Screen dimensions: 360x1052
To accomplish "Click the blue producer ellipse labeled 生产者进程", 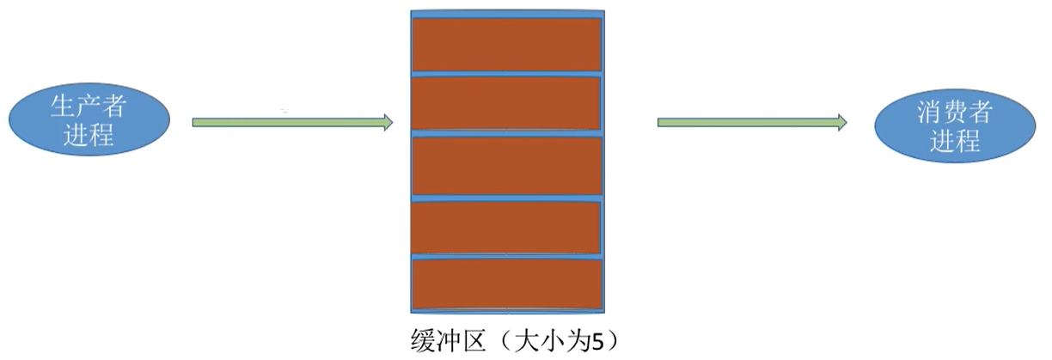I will click(89, 120).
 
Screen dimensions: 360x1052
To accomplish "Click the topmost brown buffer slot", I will click(507, 44).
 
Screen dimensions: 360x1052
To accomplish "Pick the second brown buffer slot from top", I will click(507, 103).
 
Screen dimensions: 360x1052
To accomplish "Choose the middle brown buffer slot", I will click(507, 166).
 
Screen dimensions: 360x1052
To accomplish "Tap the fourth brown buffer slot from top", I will click(507, 227).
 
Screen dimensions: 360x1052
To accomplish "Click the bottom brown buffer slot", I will click(507, 284).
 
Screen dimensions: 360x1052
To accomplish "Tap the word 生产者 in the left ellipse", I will click(89, 107).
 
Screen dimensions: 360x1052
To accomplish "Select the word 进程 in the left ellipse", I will click(89, 135).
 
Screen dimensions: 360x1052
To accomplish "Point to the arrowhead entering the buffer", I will click(386, 123).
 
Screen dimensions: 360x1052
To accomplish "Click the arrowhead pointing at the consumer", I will click(841, 123).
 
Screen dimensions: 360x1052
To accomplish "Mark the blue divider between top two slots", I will click(507, 74).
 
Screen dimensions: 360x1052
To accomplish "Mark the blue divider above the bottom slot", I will click(507, 256).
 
